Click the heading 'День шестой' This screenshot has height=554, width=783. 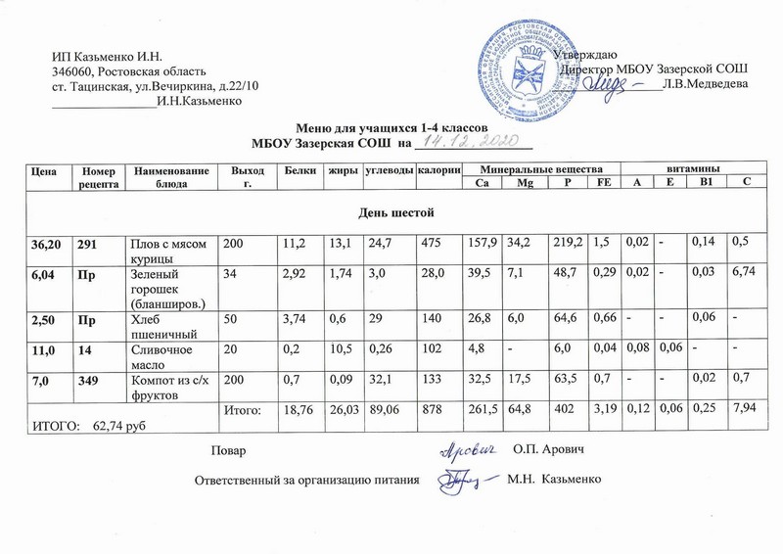point(391,212)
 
